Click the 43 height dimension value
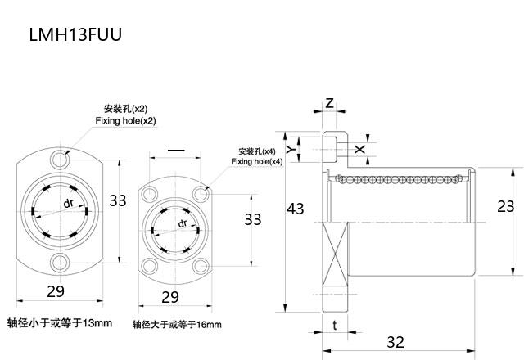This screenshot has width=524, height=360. [296, 209]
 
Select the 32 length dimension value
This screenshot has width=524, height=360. [395, 340]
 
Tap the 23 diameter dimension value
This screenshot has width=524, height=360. [507, 206]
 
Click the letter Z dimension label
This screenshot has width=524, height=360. [329, 103]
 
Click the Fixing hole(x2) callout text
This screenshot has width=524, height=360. [125, 121]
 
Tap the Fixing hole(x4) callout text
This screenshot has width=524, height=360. [256, 162]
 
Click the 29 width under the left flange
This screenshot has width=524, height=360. [56, 291]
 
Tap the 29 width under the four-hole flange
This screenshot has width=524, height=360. [169, 296]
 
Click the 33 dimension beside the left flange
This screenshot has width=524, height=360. [119, 200]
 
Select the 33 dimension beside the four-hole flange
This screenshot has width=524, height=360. [253, 218]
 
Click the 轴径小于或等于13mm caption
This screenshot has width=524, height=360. [58, 322]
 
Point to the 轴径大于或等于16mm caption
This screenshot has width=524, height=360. [176, 324]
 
